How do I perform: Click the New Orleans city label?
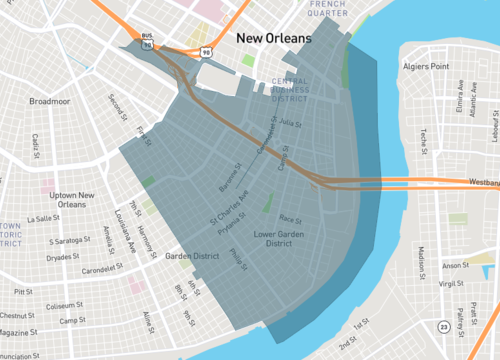[273, 39]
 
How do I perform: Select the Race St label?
[290, 219]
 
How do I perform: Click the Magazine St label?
[19, 331]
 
